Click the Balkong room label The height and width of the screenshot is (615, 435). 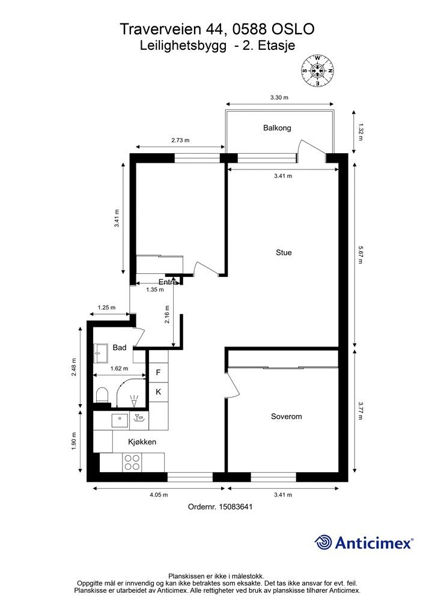(277, 128)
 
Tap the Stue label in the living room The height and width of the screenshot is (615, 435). (284, 253)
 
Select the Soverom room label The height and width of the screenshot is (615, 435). (287, 417)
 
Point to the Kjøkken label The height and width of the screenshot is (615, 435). (142, 442)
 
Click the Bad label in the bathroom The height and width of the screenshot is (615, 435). (120, 348)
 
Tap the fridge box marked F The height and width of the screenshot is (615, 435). (159, 372)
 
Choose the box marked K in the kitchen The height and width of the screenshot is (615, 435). (159, 392)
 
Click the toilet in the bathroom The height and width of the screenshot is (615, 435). (102, 395)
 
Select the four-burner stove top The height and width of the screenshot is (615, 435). (132, 462)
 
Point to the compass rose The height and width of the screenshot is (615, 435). (317, 71)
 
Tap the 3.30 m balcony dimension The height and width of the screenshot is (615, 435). (279, 97)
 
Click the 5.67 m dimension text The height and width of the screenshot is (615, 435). (360, 255)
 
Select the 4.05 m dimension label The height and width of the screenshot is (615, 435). (159, 495)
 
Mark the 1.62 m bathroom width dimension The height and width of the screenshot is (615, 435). (119, 369)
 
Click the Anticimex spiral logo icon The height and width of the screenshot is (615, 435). (323, 543)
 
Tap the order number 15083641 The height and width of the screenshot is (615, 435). (236, 507)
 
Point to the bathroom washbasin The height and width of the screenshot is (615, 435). (101, 353)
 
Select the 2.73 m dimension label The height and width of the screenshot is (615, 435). (180, 140)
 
